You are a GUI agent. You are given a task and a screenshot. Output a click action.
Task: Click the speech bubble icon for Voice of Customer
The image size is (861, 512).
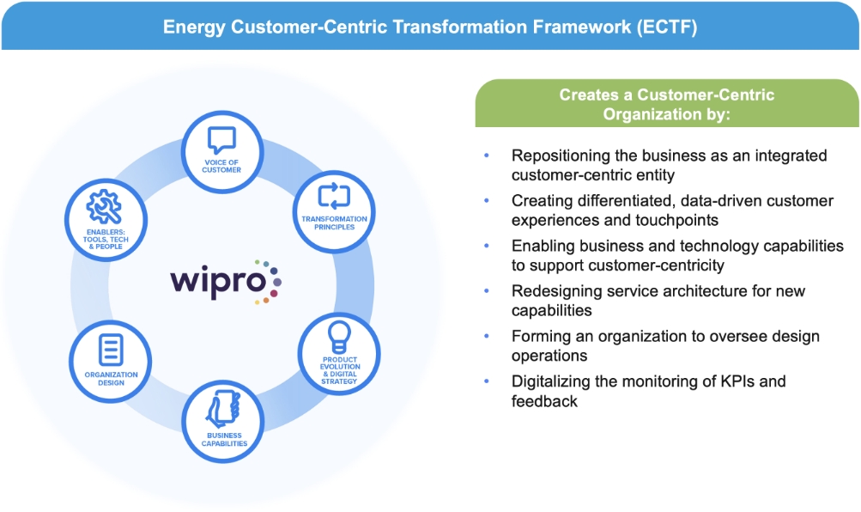pos(221,139)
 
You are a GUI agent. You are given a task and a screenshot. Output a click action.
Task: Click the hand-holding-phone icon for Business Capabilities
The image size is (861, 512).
pos(223,408)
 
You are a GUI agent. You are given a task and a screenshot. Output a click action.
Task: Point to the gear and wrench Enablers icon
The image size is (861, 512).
pos(104,206)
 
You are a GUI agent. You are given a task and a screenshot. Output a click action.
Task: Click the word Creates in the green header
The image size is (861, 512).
pos(588,94)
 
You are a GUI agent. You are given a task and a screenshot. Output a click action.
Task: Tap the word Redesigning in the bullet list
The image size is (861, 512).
pos(555,290)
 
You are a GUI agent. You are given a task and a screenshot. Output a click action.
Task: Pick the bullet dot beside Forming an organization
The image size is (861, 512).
pos(487,336)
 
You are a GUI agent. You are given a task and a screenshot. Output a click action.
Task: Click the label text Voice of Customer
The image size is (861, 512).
pos(221,165)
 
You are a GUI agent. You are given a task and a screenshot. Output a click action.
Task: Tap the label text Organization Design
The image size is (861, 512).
pos(111,379)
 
